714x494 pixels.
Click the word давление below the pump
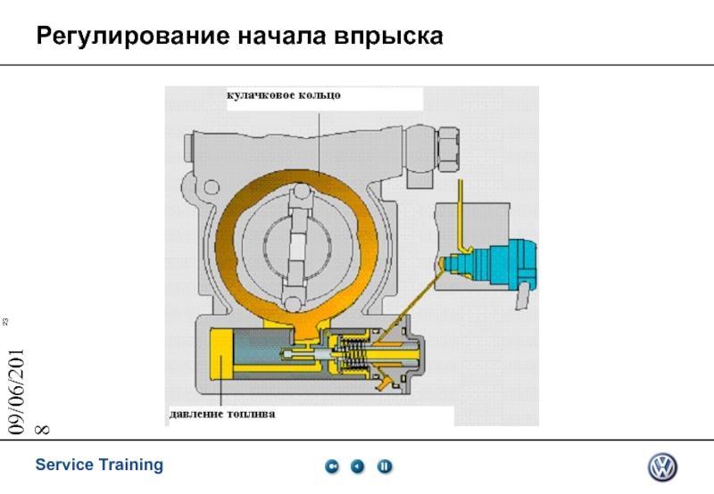(197, 415)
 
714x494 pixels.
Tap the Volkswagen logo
(662, 466)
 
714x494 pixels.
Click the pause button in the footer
(385, 465)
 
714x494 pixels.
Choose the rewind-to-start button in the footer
(331, 465)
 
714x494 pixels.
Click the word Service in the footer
(65, 465)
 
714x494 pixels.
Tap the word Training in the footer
(131, 465)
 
